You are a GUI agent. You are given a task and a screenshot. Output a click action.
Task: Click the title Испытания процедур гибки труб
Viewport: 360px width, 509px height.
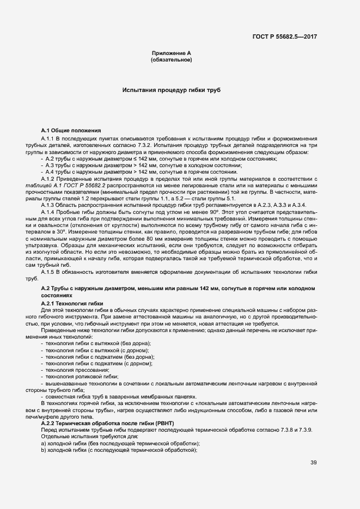tap(171, 90)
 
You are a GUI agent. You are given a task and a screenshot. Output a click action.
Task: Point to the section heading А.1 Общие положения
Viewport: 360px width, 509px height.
tap(71, 131)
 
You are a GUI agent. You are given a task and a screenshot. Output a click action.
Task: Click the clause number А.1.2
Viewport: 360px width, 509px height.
tap(49, 179)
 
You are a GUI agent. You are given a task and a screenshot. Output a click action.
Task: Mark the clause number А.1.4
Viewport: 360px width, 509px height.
tap(49, 211)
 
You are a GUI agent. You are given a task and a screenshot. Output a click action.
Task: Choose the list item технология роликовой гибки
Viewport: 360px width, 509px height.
tap(82, 377)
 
